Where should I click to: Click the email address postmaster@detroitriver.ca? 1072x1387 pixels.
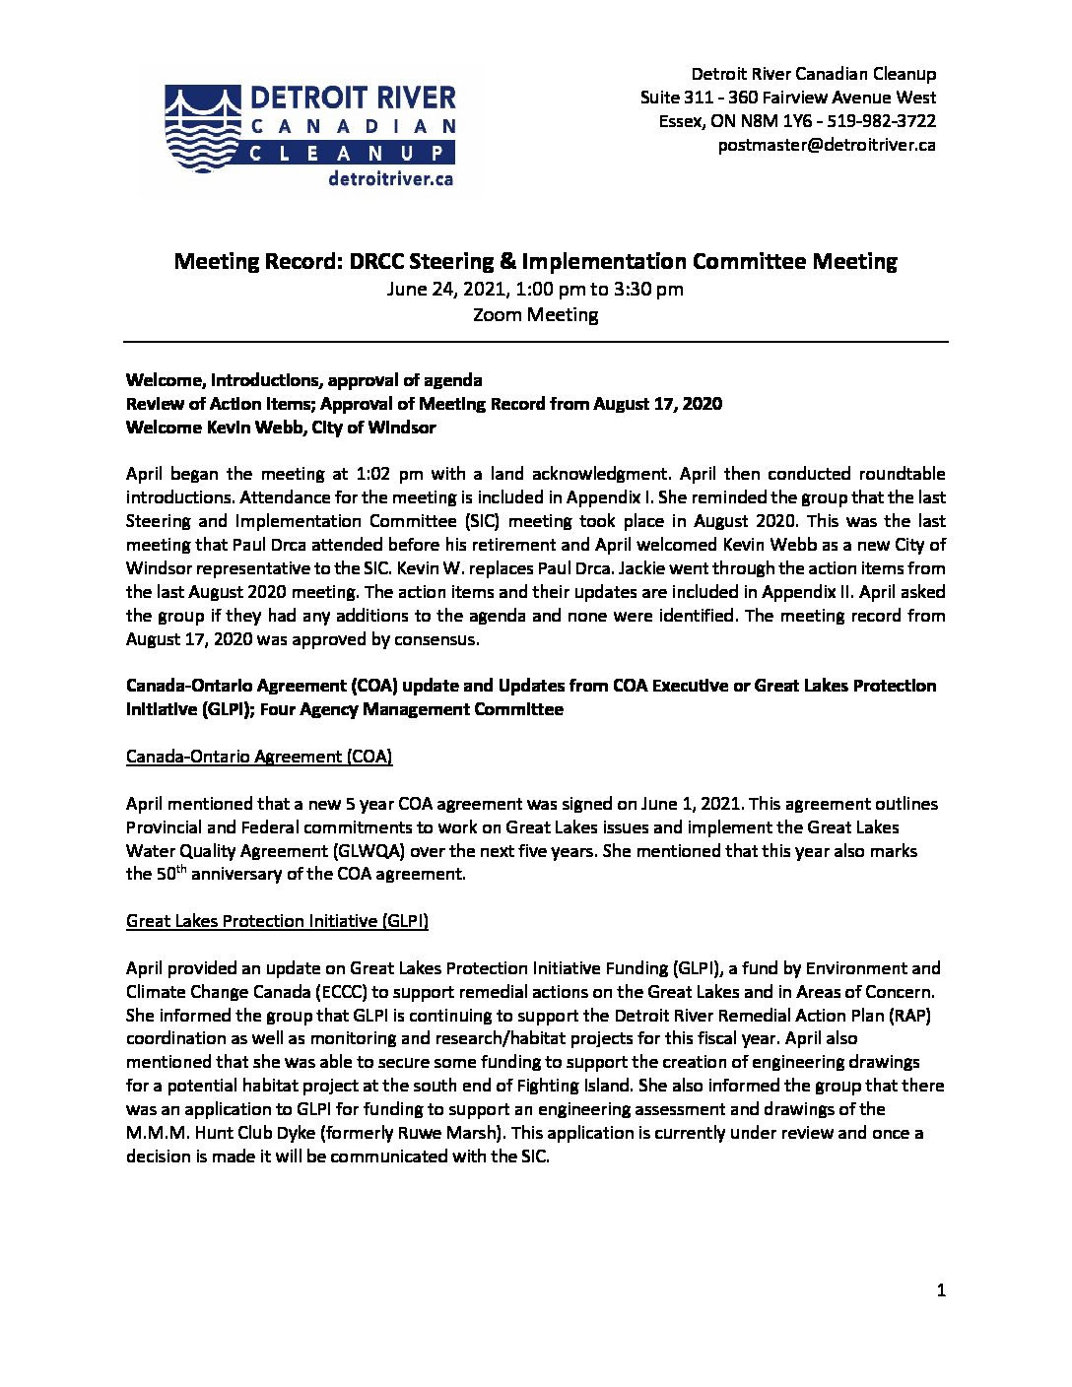(x=827, y=145)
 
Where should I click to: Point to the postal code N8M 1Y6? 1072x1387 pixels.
(x=780, y=121)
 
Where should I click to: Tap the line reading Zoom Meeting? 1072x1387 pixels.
(x=535, y=315)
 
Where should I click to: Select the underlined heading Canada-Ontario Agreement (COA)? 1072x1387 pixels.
(x=259, y=757)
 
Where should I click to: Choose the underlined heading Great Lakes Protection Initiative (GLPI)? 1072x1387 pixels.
(x=277, y=921)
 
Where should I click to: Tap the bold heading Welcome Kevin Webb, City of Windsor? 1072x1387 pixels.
(x=281, y=428)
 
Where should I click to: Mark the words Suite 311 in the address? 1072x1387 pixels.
(x=675, y=98)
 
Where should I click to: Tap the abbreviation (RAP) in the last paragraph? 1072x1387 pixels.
(x=922, y=1015)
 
